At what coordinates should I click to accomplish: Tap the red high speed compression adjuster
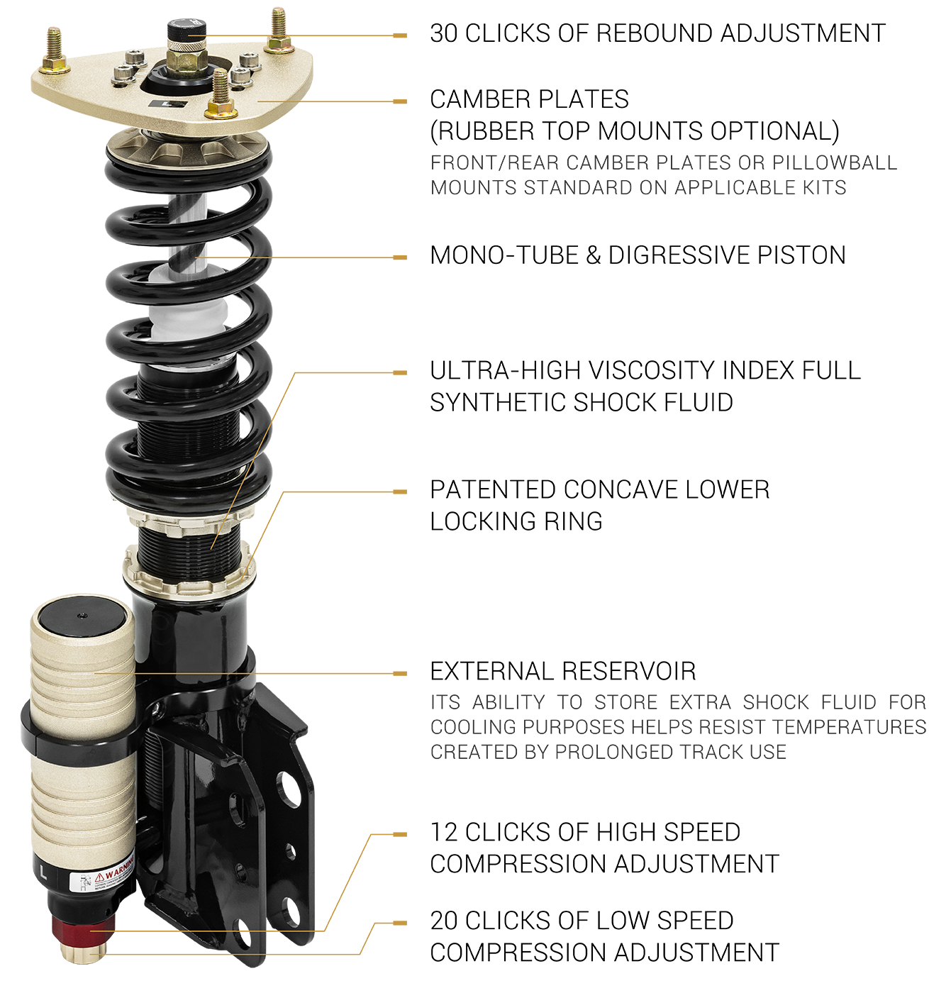(x=84, y=927)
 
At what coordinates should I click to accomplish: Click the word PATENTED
(x=492, y=489)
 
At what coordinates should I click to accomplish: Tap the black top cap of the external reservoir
(x=82, y=618)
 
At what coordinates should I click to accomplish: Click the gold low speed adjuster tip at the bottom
(x=83, y=953)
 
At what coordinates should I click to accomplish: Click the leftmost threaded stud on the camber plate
(x=54, y=50)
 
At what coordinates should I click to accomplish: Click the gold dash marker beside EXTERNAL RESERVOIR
(x=399, y=674)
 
